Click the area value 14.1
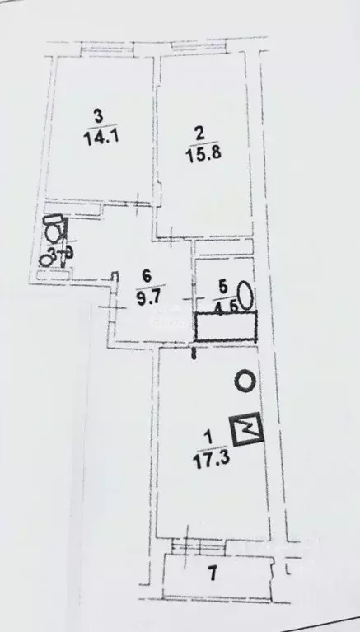coord(97,138)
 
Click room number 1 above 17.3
coord(203,437)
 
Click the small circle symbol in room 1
coord(245,381)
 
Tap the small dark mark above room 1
coord(194,355)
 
